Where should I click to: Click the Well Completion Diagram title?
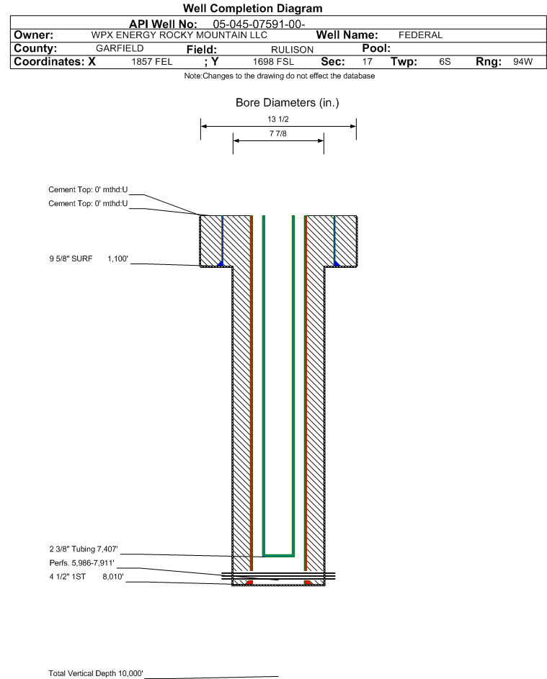coord(253,8)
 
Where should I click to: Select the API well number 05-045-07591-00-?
coord(259,24)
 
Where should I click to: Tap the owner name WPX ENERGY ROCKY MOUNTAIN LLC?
coord(179,35)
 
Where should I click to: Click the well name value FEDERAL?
coord(420,35)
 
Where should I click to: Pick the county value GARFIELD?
coord(120,48)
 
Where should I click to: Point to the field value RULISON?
coord(292,50)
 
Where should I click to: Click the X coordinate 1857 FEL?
coord(151,61)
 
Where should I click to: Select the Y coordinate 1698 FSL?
coord(273,61)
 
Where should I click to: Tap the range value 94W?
coord(522,61)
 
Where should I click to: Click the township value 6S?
coord(445,61)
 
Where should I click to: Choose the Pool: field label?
coord(376,48)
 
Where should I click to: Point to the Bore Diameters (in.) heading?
coord(288,103)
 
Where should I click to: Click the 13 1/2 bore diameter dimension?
coord(278,119)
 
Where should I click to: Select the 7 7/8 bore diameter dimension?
coord(278,133)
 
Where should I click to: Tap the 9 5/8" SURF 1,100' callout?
coord(89,259)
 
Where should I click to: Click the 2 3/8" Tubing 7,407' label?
coord(83,549)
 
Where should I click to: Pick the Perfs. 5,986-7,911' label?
coord(82,563)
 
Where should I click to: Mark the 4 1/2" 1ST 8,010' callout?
coord(86,577)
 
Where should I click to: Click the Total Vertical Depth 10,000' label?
coord(96,673)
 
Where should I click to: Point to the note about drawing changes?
coord(279,76)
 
